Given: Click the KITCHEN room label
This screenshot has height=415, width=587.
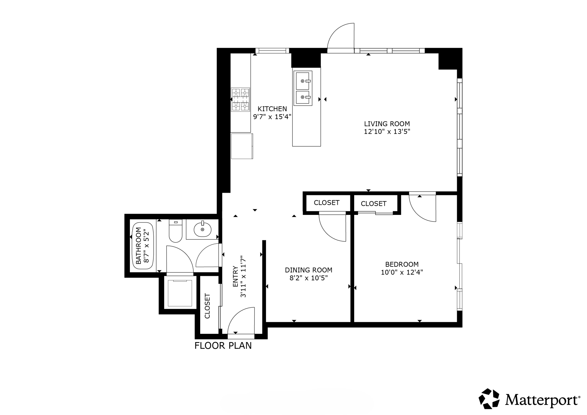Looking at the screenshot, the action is click(272, 109).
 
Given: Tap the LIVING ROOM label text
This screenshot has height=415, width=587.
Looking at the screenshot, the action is click(387, 124).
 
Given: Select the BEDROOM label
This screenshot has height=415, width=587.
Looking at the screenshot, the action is click(402, 264).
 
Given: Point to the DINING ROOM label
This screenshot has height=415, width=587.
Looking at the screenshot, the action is click(308, 270).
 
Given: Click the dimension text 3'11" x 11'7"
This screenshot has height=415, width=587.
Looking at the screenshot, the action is click(243, 277).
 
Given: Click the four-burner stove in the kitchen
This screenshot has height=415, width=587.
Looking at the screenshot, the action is click(240, 99).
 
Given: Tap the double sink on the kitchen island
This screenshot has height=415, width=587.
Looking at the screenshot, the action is click(303, 88).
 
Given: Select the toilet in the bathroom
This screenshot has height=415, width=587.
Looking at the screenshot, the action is click(175, 231).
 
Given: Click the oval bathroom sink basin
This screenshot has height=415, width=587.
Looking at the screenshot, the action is click(203, 229).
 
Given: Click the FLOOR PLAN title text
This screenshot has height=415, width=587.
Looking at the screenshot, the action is click(223, 346).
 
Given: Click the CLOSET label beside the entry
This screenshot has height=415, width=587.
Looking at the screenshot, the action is click(207, 306).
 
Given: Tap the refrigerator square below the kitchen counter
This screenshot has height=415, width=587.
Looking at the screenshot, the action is click(242, 146).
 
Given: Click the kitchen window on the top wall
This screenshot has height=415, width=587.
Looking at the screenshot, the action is click(272, 51).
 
